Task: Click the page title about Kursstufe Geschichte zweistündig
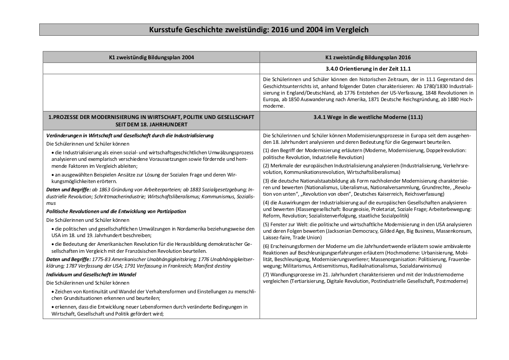259,30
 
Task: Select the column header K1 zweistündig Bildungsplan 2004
151,57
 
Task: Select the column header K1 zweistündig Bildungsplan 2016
368,57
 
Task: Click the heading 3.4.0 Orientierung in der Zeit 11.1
368,68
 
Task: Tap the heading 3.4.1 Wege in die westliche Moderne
368,117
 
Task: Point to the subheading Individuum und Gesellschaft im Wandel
91,275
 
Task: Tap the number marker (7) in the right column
267,275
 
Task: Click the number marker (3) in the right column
267,181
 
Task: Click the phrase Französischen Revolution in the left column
157,251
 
